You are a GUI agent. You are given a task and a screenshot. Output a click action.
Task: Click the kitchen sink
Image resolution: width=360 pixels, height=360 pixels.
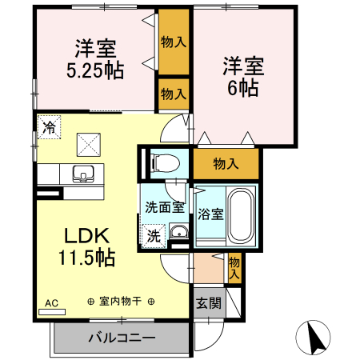[x=83, y=173]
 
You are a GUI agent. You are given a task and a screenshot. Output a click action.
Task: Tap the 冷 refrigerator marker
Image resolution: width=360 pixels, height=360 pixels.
[x=49, y=126]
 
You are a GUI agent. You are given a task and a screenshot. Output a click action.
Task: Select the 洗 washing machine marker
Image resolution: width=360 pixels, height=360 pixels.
[x=152, y=235]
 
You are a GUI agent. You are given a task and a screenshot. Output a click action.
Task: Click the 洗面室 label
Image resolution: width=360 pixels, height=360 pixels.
[x=164, y=206]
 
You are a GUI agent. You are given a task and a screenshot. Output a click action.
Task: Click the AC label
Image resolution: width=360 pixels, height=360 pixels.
[x=52, y=302]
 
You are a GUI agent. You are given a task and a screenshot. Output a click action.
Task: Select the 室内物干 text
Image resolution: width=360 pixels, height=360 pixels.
[x=121, y=302]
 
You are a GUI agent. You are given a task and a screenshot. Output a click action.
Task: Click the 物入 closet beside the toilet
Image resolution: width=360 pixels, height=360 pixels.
[x=226, y=164]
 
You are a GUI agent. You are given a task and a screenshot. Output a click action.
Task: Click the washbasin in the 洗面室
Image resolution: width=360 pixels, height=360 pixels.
[x=178, y=233]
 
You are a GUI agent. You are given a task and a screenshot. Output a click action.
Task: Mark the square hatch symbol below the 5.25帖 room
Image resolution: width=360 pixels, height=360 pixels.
[x=86, y=144]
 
